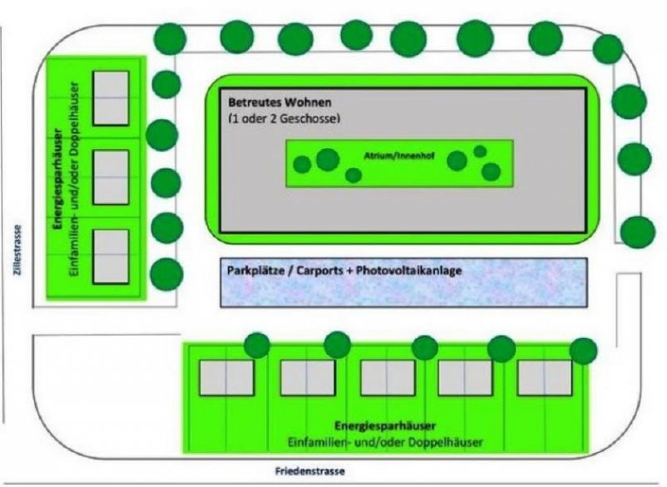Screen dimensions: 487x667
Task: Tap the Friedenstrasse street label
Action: coord(309,471)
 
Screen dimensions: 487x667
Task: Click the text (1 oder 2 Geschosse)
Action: coord(283,118)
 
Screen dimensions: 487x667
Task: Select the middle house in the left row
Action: coord(111,176)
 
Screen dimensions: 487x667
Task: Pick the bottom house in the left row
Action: coord(111,256)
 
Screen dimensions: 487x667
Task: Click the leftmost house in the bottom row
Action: coord(226,377)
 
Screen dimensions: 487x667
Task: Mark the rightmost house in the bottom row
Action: coord(544,377)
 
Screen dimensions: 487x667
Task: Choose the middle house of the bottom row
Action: coord(387,377)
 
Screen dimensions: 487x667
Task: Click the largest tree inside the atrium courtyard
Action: coord(328,159)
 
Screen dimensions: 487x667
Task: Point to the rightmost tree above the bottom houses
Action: coord(584,350)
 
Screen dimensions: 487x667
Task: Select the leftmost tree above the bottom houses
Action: coord(257,344)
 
